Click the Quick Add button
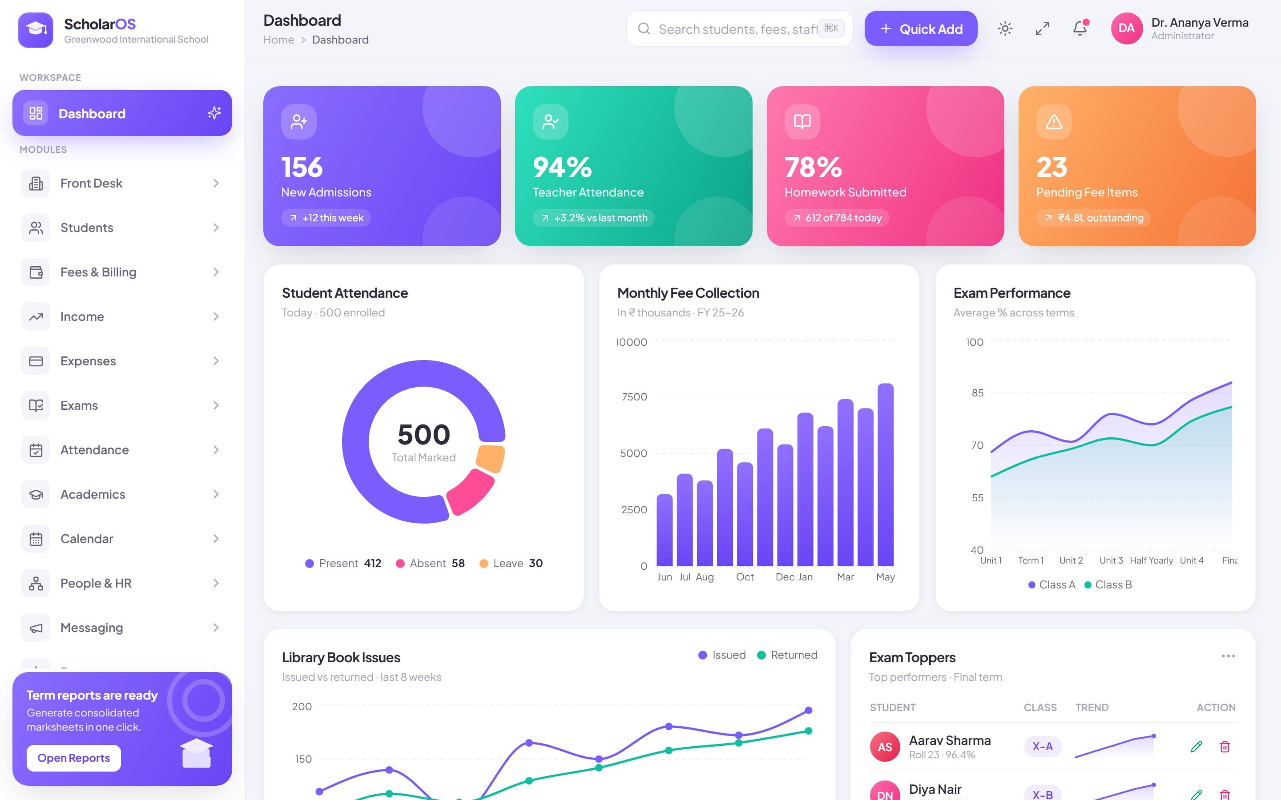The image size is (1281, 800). [921, 28]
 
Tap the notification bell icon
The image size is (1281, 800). [1080, 28]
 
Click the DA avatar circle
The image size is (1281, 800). [1126, 28]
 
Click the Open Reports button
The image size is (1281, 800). [73, 758]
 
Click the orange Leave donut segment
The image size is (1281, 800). [491, 458]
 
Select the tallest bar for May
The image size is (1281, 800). [885, 475]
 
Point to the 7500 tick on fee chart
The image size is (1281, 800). [634, 397]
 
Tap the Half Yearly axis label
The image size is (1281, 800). [1151, 560]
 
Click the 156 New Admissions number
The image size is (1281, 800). [302, 167]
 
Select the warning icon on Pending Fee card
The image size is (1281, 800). [1054, 122]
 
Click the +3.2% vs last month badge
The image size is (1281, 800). [593, 217]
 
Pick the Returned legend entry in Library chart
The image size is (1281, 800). [787, 655]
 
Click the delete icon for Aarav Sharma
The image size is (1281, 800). [1225, 747]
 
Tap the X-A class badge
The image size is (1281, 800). [1042, 747]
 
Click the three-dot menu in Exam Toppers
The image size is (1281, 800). [1228, 656]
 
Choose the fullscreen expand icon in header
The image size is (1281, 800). [1042, 28]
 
